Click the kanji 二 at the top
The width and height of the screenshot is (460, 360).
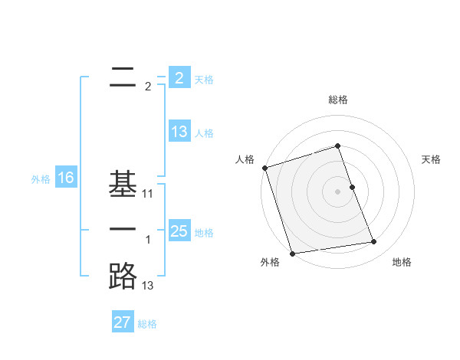(123, 76)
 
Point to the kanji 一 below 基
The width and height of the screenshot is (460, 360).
(123, 229)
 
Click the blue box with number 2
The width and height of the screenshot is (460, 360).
(179, 77)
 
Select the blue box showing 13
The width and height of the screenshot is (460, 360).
(179, 131)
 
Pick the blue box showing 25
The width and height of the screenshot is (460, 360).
(179, 231)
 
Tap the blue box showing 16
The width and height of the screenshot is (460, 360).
(65, 178)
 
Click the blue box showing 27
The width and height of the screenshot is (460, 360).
(123, 322)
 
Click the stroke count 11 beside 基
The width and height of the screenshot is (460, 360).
(148, 195)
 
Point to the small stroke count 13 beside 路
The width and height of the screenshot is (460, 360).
(148, 286)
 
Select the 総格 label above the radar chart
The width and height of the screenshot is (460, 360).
(338, 100)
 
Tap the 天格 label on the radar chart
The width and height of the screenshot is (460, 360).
(432, 159)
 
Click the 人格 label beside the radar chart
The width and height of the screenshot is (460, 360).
(245, 159)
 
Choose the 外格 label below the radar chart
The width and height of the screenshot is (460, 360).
(269, 262)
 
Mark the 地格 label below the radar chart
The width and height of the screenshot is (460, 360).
(402, 262)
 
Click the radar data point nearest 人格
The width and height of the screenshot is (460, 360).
(264, 168)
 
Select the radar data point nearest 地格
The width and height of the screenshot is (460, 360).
(373, 242)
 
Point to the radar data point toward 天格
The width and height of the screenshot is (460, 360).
(352, 187)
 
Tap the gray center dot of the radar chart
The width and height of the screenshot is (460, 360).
(338, 191)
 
